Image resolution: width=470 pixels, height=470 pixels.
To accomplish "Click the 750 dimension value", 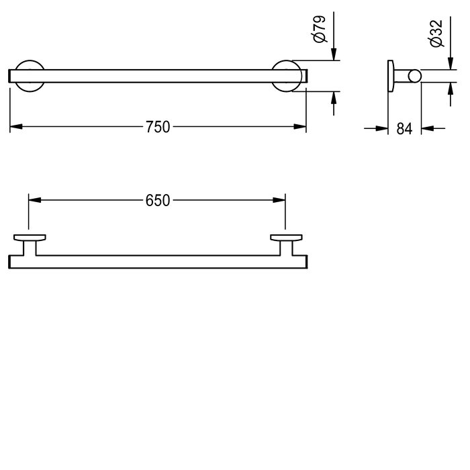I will pyautogui.click(x=158, y=126).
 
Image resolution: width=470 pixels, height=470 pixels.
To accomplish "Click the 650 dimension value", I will pyautogui.click(x=157, y=199).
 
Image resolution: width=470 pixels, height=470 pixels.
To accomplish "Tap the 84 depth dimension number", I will pyautogui.click(x=404, y=128).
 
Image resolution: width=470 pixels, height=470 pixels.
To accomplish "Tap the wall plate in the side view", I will pyautogui.click(x=390, y=75).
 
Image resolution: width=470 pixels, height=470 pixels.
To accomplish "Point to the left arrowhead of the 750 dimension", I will pyautogui.click(x=15, y=126).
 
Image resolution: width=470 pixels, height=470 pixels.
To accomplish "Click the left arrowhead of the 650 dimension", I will pyautogui.click(x=34, y=199).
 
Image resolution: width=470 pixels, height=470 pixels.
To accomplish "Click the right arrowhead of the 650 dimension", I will pyautogui.click(x=280, y=199).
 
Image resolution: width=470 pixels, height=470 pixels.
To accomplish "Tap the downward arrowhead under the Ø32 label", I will pyautogui.click(x=449, y=64).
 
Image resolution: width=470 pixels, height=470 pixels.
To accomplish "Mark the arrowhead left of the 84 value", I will pyautogui.click(x=384, y=127).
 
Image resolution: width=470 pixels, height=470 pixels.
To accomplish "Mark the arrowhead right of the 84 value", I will pyautogui.click(x=427, y=127).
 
